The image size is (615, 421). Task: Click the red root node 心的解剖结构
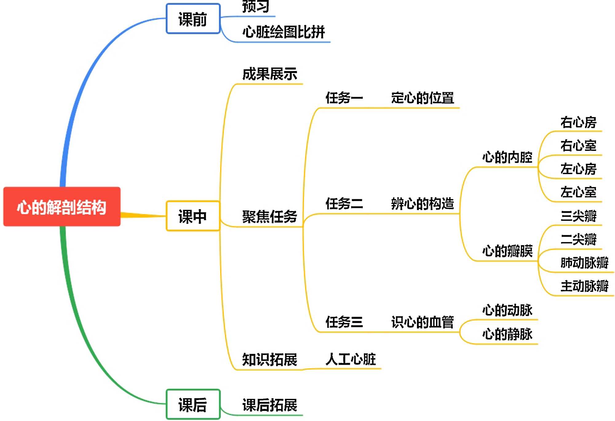tap(62, 207)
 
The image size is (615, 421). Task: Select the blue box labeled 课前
tap(193, 19)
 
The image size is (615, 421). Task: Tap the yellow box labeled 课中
tap(193, 216)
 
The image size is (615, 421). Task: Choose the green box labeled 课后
tap(193, 404)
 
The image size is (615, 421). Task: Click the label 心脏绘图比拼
tap(284, 32)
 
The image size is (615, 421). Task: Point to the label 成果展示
tap(270, 74)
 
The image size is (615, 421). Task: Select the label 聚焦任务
tap(270, 217)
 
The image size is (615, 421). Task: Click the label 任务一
tap(344, 98)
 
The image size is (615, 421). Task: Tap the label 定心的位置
tap(423, 98)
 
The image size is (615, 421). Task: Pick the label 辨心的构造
tap(423, 204)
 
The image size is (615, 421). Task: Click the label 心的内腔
tap(507, 157)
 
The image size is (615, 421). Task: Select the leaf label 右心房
tap(578, 122)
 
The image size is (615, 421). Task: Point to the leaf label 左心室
tap(578, 192)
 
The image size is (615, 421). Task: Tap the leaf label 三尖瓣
tap(578, 216)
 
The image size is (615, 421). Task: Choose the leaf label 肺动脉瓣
tap(584, 263)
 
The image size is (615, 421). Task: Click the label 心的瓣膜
tap(507, 251)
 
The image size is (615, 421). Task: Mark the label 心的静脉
tap(507, 334)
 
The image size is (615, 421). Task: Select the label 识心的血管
tap(423, 322)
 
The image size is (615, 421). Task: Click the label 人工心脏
tap(351, 359)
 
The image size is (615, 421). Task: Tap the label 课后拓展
tap(270, 405)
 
